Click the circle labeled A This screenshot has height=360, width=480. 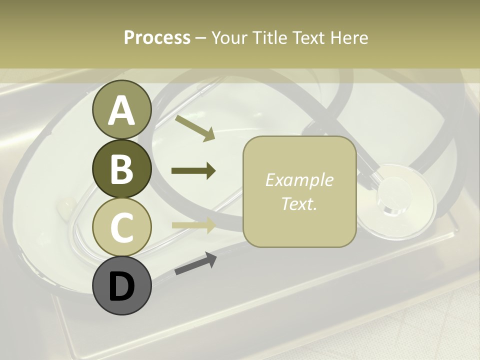click(x=121, y=110)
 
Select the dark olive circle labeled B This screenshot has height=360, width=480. click(x=121, y=169)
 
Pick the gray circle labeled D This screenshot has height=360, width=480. click(x=121, y=285)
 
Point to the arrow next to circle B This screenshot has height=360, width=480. click(x=193, y=171)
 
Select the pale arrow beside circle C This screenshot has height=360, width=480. click(x=193, y=224)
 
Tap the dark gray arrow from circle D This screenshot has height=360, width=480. click(x=195, y=264)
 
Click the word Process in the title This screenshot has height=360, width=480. click(x=157, y=37)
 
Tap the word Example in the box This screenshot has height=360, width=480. click(x=299, y=180)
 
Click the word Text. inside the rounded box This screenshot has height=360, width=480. click(x=299, y=203)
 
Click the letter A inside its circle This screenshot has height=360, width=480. click(x=121, y=111)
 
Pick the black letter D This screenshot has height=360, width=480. click(x=121, y=286)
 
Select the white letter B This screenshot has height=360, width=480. click(x=121, y=169)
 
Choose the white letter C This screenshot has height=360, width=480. click(x=121, y=227)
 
